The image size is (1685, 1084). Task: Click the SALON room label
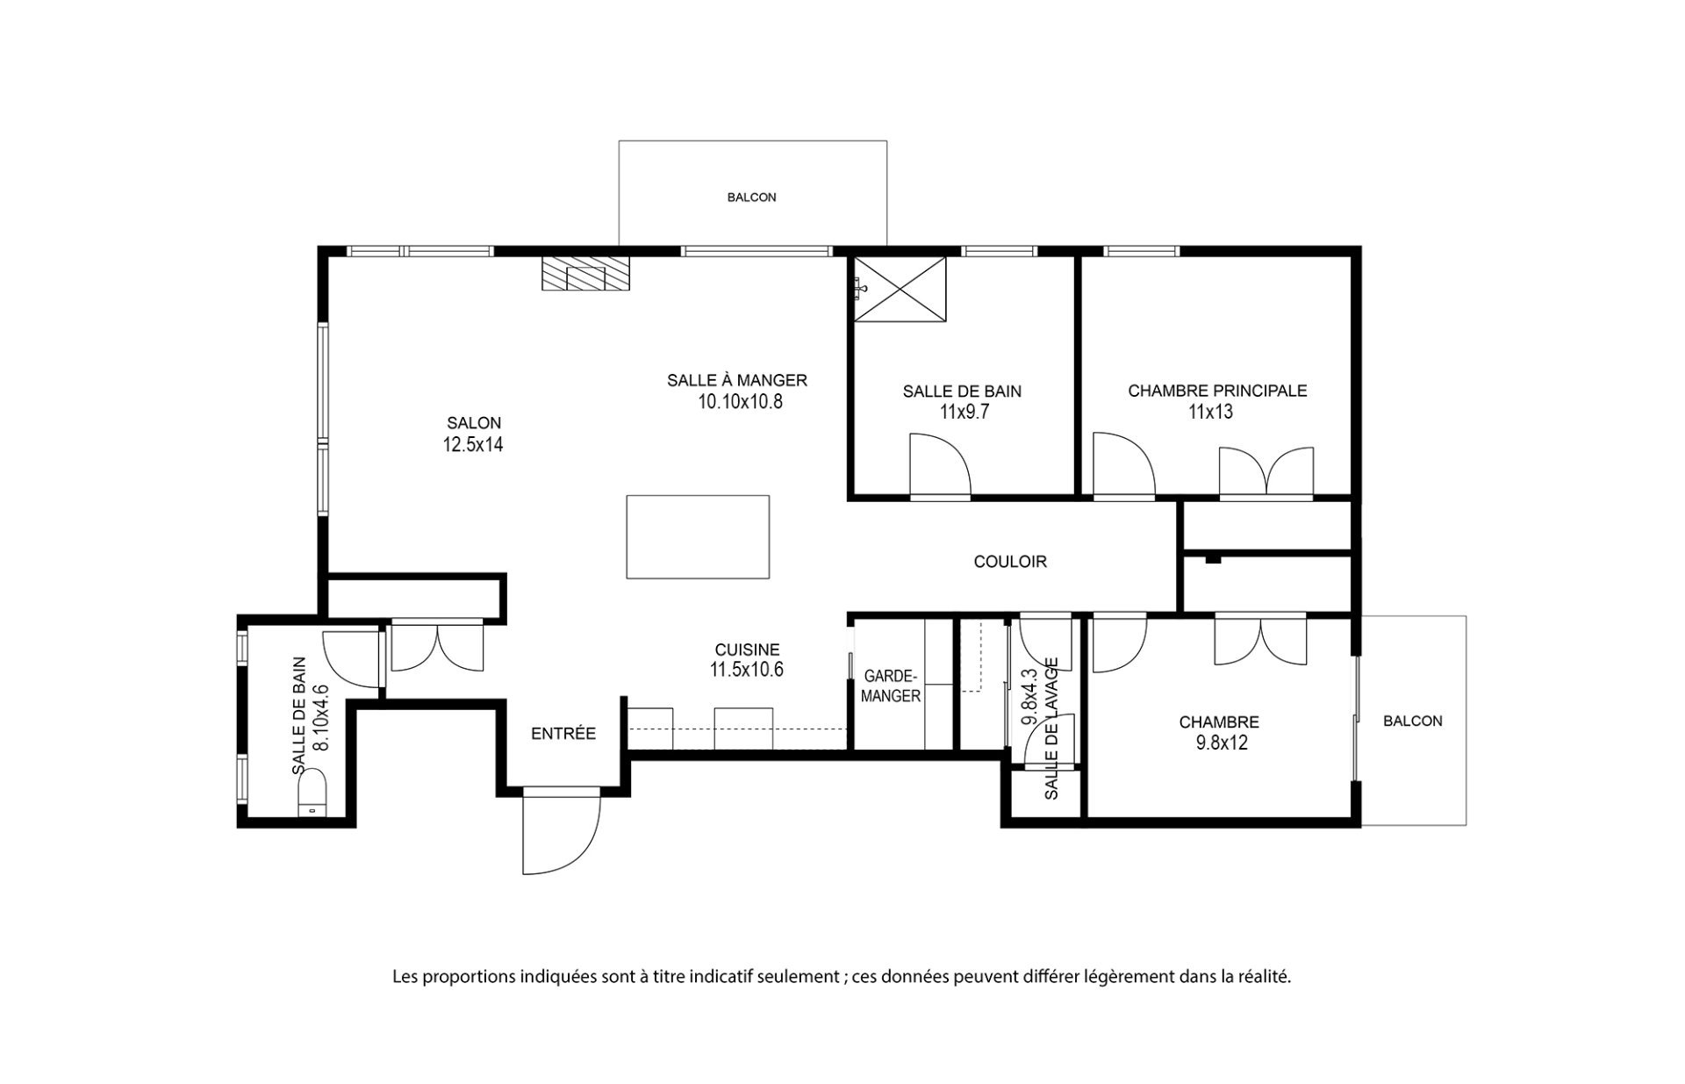[473, 423]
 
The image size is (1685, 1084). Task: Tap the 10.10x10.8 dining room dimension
[739, 402]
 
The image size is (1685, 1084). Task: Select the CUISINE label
[747, 650]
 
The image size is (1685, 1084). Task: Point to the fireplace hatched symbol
[585, 273]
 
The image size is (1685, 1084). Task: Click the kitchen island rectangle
[698, 536]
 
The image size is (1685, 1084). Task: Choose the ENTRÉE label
[563, 734]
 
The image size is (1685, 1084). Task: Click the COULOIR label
[1010, 562]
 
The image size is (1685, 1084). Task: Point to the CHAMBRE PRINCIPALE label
[1217, 391]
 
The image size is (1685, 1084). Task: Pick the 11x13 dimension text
[1211, 412]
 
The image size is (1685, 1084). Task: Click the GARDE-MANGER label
[892, 686]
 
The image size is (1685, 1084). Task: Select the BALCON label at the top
[752, 197]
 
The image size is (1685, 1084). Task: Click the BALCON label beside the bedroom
[1413, 721]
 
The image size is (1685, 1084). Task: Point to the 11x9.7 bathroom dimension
[964, 412]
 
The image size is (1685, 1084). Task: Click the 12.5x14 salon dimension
[473, 444]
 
